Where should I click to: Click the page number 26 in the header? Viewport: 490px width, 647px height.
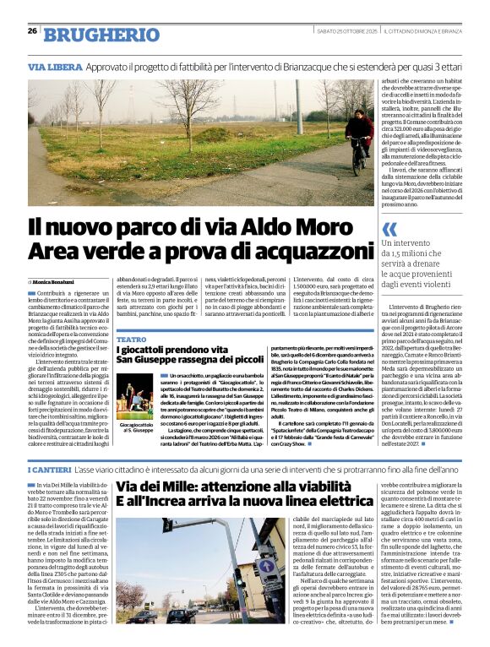[32, 30]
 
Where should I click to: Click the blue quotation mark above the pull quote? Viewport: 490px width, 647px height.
[389, 229]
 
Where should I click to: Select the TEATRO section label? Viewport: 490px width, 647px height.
[131, 339]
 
